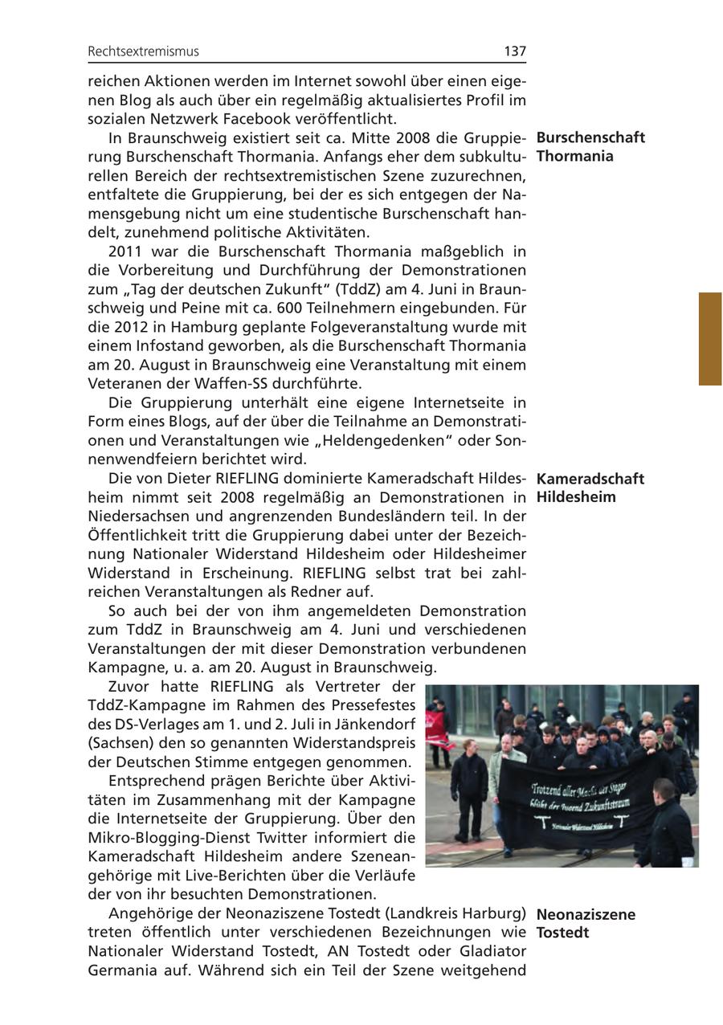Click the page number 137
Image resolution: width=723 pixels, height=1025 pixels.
515,51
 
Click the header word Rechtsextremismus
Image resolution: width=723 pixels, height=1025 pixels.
143,51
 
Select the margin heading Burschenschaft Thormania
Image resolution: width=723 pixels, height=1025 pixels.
590,146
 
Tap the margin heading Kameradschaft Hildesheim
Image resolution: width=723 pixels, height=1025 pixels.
590,488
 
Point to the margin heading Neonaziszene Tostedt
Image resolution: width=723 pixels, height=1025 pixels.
585,924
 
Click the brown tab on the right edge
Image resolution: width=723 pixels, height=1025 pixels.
710,338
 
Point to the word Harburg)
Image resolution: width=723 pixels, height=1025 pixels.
493,913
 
